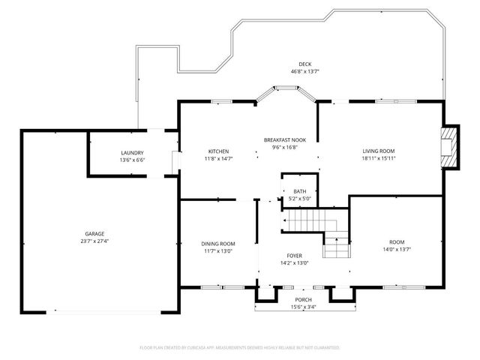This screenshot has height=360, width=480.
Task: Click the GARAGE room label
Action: pos(94,233)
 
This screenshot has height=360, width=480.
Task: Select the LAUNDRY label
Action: pos(132,152)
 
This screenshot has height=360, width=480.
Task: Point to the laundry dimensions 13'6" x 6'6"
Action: pos(132,160)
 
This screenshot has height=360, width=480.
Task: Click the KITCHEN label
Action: pos(218,151)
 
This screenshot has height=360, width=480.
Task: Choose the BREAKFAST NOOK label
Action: pos(284,140)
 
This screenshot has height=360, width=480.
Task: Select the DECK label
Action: pos(304,64)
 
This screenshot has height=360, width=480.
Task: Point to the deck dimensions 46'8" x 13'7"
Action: pos(304,72)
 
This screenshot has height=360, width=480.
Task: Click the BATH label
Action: pos(299,191)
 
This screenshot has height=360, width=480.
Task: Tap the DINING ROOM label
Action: pos(218,244)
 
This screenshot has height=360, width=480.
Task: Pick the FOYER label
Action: pos(293,255)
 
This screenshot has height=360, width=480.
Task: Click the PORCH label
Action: pos(303,299)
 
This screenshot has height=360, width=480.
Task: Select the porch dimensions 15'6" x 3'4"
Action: pos(303,307)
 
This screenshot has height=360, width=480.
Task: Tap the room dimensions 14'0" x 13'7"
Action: pos(396,249)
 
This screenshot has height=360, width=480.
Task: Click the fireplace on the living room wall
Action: pos(448,146)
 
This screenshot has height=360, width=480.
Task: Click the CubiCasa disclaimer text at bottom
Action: pos(240,348)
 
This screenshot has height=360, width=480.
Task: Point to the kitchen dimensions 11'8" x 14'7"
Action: pos(218,158)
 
